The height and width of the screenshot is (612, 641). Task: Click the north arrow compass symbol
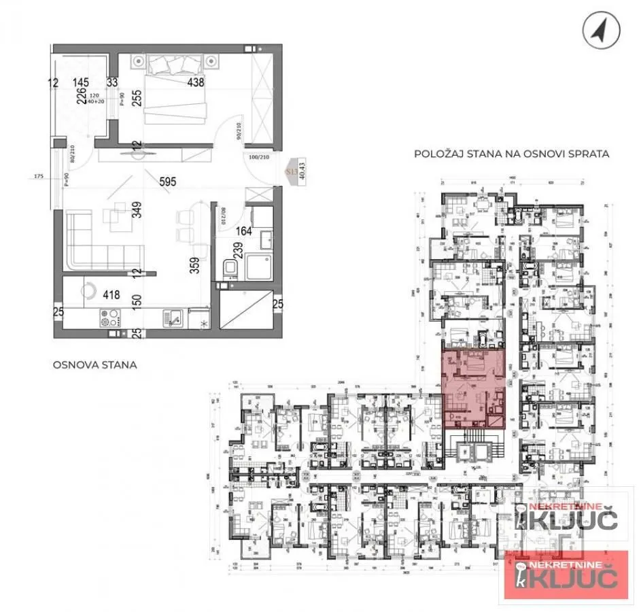point(602,31)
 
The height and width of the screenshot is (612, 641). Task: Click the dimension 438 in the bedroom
point(196,83)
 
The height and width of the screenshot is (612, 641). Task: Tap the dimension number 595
point(169,182)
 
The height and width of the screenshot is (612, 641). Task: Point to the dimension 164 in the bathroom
point(243,231)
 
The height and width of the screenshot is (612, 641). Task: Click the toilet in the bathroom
point(228,270)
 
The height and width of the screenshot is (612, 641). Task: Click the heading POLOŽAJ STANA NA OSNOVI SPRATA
point(511,154)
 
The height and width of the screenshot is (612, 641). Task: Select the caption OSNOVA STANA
point(94,364)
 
